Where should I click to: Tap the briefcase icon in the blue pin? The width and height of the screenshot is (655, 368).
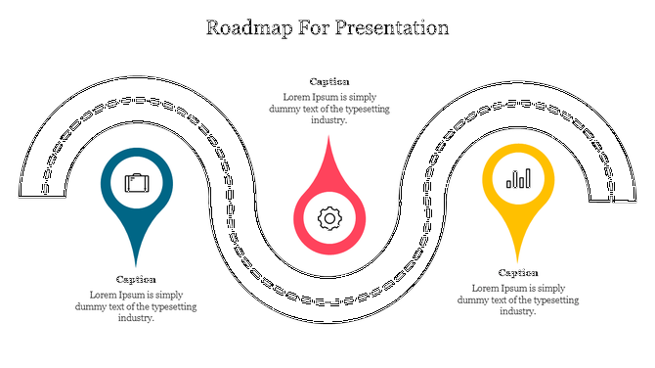click(136, 183)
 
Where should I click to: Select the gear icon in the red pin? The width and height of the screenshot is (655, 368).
click(328, 218)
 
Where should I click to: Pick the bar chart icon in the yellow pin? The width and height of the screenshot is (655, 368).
click(518, 179)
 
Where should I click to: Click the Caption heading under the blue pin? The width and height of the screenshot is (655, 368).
click(136, 279)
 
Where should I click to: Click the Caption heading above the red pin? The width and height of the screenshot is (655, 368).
click(329, 81)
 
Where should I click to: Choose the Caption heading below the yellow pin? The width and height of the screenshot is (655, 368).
click(518, 272)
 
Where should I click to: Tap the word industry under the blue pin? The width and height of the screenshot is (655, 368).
click(136, 318)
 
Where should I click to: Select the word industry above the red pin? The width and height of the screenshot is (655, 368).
click(329, 120)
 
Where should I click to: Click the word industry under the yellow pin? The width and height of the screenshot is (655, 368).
click(518, 311)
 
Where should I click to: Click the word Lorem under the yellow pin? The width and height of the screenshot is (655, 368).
click(486, 288)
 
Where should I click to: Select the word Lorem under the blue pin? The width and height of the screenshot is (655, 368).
click(104, 295)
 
